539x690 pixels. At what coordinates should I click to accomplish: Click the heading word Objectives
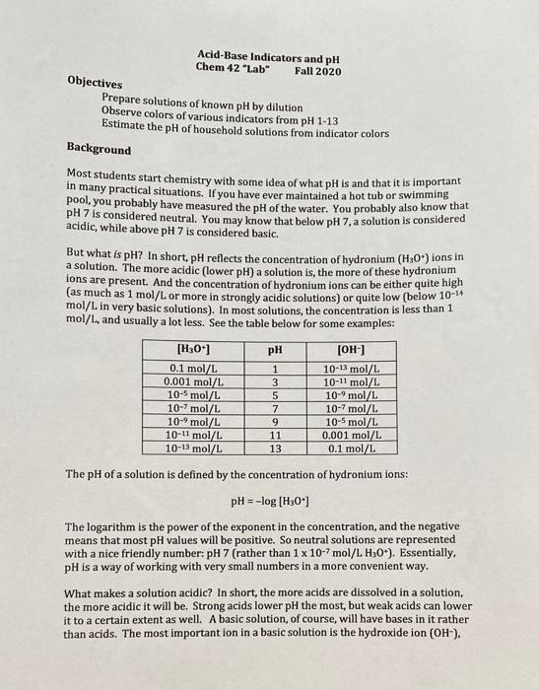tap(95, 84)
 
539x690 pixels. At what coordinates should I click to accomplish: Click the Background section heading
tap(99, 149)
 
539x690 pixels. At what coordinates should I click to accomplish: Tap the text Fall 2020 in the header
tap(318, 72)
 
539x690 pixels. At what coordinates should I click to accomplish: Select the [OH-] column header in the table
tap(353, 349)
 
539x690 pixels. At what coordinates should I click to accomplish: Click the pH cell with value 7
tap(276, 408)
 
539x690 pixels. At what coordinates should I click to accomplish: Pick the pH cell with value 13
tap(276, 447)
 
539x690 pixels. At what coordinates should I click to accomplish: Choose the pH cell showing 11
tap(276, 434)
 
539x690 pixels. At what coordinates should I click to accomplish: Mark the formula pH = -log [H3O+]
tap(269, 502)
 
